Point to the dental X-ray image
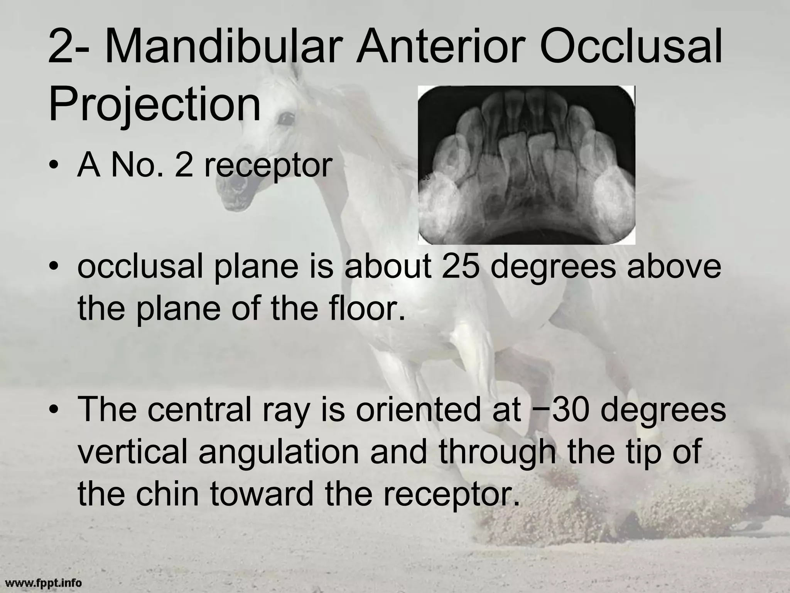pyautogui.click(x=526, y=165)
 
